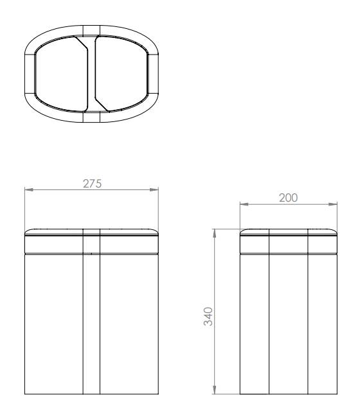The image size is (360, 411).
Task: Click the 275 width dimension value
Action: point(92,184)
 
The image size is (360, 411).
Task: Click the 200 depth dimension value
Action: point(288,198)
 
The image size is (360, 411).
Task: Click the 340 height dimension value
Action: point(208,317)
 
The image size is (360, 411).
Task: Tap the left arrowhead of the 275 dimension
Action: point(29,189)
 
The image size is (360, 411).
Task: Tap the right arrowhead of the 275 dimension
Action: point(154,189)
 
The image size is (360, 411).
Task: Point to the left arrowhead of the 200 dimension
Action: point(244,204)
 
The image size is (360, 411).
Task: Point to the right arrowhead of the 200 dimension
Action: point(333,204)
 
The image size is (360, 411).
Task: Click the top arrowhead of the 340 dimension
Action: point(215,233)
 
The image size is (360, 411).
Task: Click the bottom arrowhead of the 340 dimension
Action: point(215,390)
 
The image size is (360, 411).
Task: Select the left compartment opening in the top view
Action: point(61,74)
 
